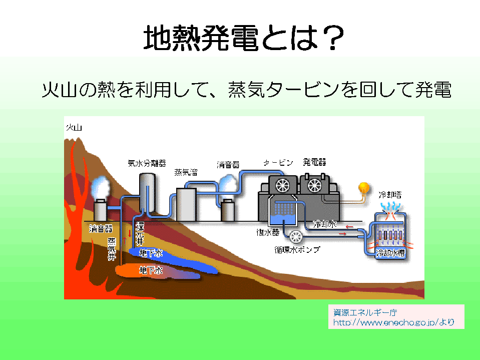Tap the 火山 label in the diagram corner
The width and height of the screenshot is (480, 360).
tap(74, 128)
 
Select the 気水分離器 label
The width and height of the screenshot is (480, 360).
tap(147, 163)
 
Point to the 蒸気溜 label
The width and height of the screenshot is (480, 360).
tap(186, 173)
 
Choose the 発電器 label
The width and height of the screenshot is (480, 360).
tap(314, 162)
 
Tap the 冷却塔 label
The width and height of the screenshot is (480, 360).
tap(390, 194)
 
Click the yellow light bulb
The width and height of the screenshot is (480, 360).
tap(363, 188)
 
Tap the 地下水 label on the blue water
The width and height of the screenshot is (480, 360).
tap(151, 253)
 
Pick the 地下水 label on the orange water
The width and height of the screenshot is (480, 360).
tap(151, 270)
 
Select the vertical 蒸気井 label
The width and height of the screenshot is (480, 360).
tap(112, 249)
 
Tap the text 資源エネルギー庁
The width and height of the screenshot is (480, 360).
tap(365, 312)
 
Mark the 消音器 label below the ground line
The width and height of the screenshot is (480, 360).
tap(100, 229)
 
